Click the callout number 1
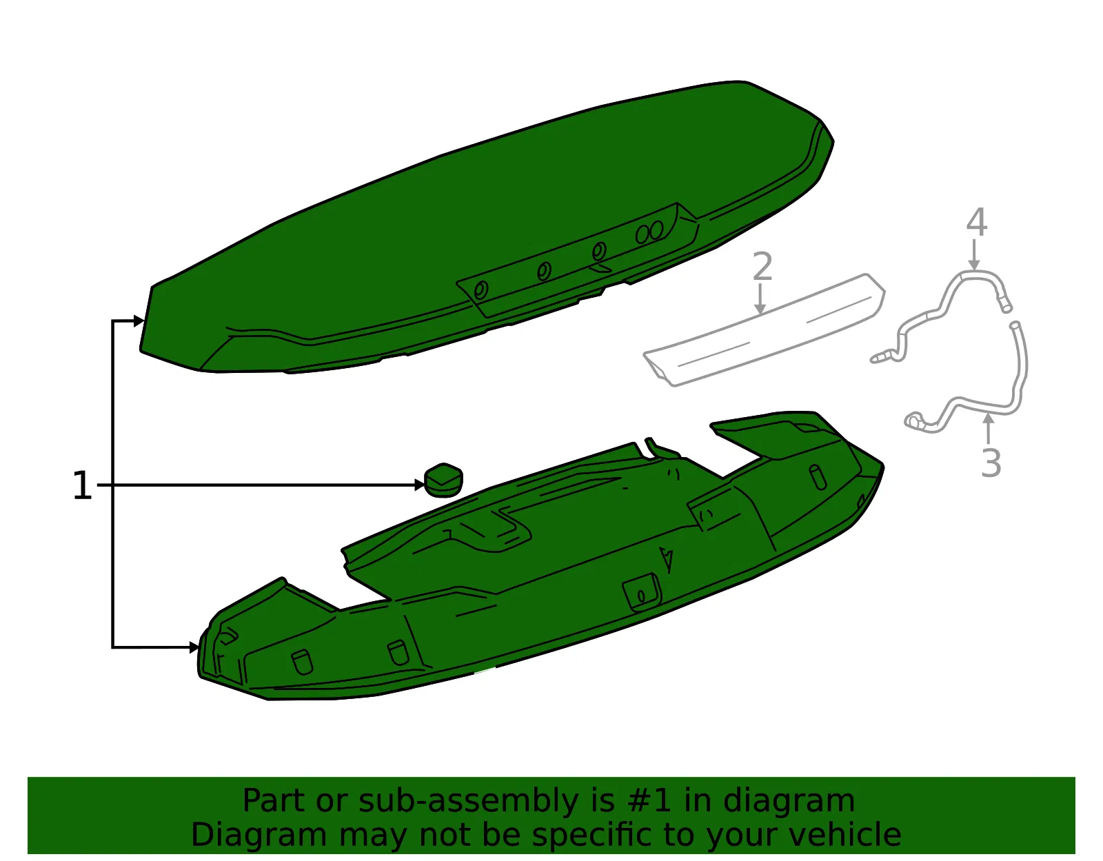point(82,485)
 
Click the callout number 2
point(762,266)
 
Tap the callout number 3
point(991,463)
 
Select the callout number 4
point(977,222)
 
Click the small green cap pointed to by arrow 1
point(443,480)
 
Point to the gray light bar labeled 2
point(765,330)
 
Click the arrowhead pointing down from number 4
point(973,265)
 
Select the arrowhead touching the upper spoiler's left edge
point(139,321)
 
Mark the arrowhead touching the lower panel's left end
point(194,647)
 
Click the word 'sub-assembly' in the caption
point(467,800)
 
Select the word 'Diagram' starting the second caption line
point(259,835)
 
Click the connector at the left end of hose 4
point(880,358)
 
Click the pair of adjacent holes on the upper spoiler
point(649,232)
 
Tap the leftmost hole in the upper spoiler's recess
point(480,290)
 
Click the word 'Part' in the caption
point(273,800)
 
